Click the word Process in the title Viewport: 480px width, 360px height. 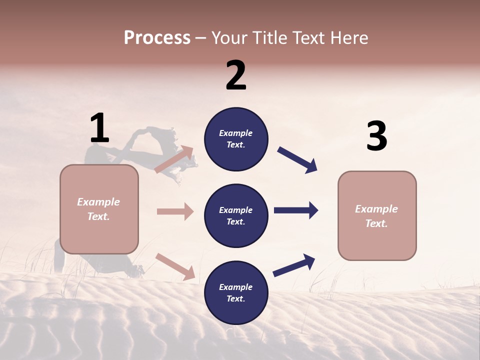coord(157,37)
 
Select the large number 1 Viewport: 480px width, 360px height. coord(99,128)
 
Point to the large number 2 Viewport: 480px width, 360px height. coord(236,75)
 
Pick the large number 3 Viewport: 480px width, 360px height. coord(376,136)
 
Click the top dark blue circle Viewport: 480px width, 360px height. coord(236,138)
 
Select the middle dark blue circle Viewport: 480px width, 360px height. coord(236,215)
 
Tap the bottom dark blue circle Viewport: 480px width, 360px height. coord(236,292)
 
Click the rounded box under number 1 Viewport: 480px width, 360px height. coord(99,209)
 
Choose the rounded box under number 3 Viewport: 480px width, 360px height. coord(377,216)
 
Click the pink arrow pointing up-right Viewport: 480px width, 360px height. coord(174,159)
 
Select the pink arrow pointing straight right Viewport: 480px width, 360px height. coord(175,211)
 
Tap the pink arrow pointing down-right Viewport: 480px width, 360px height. coord(175,266)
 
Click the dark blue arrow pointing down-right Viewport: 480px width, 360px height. coord(297,160)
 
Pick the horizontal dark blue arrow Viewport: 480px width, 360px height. coord(295,210)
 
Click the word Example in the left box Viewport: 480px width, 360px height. coord(98,202)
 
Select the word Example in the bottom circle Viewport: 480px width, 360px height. coord(236,287)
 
